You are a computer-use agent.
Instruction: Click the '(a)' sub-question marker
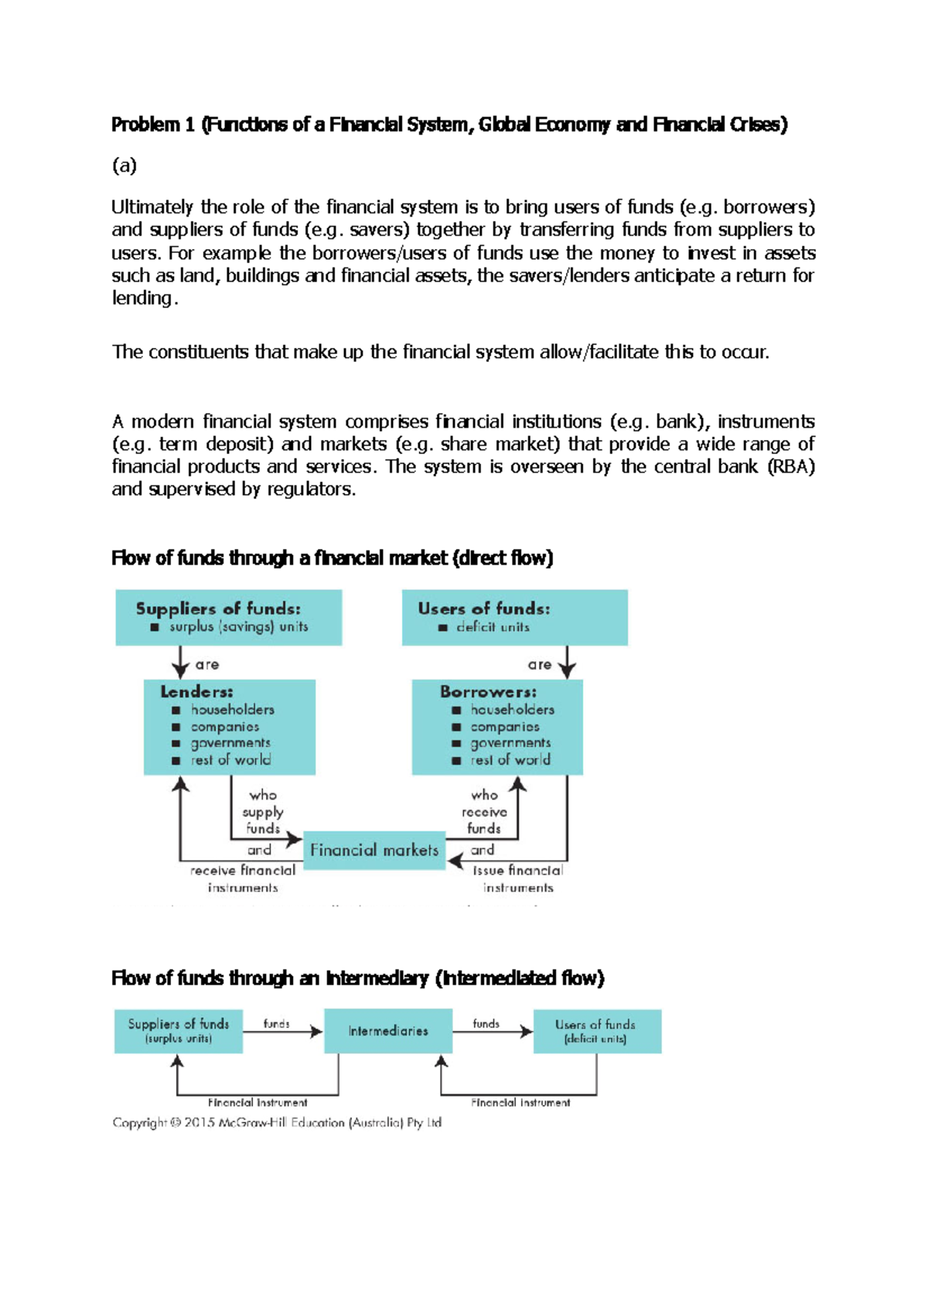(x=125, y=165)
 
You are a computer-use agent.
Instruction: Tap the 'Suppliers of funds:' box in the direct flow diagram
(x=228, y=617)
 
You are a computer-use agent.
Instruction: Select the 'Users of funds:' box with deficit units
(x=514, y=617)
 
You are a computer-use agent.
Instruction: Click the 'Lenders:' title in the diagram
(x=196, y=691)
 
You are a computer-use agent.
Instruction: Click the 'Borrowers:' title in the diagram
(x=488, y=691)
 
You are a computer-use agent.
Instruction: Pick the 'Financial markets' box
(x=374, y=850)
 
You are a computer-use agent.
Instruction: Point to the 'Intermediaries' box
(x=387, y=1031)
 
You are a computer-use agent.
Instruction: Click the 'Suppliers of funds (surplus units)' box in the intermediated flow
(x=179, y=1031)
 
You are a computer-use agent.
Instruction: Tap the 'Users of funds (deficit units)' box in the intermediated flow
(x=595, y=1031)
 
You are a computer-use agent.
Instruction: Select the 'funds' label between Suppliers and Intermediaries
(x=276, y=1023)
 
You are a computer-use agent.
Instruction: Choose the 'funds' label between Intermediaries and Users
(x=486, y=1023)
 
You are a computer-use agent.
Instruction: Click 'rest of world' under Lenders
(x=230, y=760)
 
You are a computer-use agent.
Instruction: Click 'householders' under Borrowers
(x=512, y=709)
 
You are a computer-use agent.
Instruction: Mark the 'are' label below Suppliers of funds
(x=207, y=664)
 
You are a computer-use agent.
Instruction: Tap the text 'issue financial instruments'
(x=518, y=878)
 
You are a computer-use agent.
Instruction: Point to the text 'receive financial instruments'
(x=243, y=878)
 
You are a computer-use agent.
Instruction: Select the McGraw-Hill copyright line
(x=277, y=1122)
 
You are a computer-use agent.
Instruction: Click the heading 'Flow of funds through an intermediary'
(x=357, y=978)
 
